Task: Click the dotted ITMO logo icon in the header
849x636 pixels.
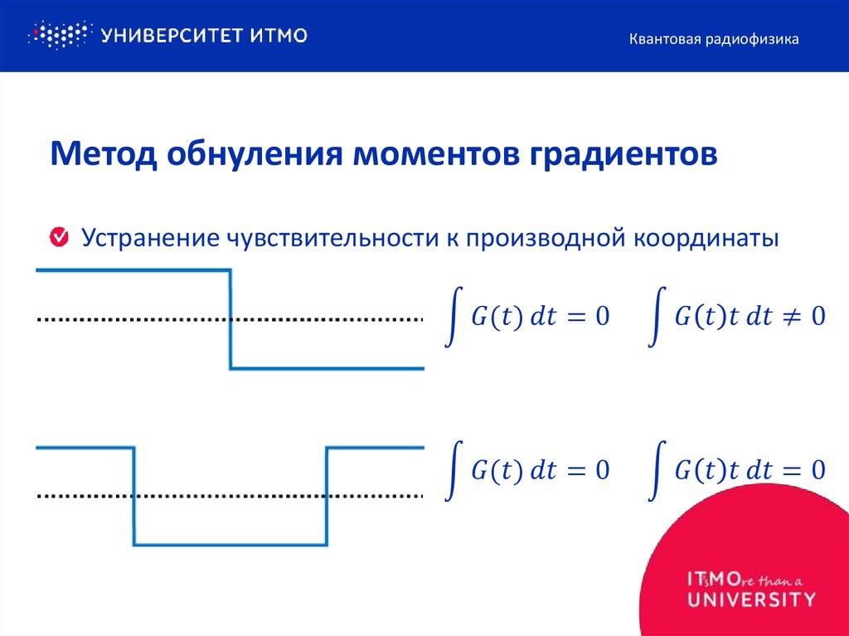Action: (58, 36)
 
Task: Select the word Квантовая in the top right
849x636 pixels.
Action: (663, 39)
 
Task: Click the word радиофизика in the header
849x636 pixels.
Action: (754, 39)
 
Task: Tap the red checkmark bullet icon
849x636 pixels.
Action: (60, 238)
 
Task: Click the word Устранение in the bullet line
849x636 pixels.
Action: (148, 239)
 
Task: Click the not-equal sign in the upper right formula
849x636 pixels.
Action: (792, 317)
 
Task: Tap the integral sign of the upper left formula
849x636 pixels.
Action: (453, 317)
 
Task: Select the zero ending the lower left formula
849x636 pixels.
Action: (602, 471)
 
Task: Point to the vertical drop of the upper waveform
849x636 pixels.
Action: (230, 319)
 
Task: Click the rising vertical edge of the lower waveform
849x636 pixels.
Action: (327, 496)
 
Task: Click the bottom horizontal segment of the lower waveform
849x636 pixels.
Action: (230, 545)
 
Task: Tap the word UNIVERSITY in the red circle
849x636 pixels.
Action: (750, 598)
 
